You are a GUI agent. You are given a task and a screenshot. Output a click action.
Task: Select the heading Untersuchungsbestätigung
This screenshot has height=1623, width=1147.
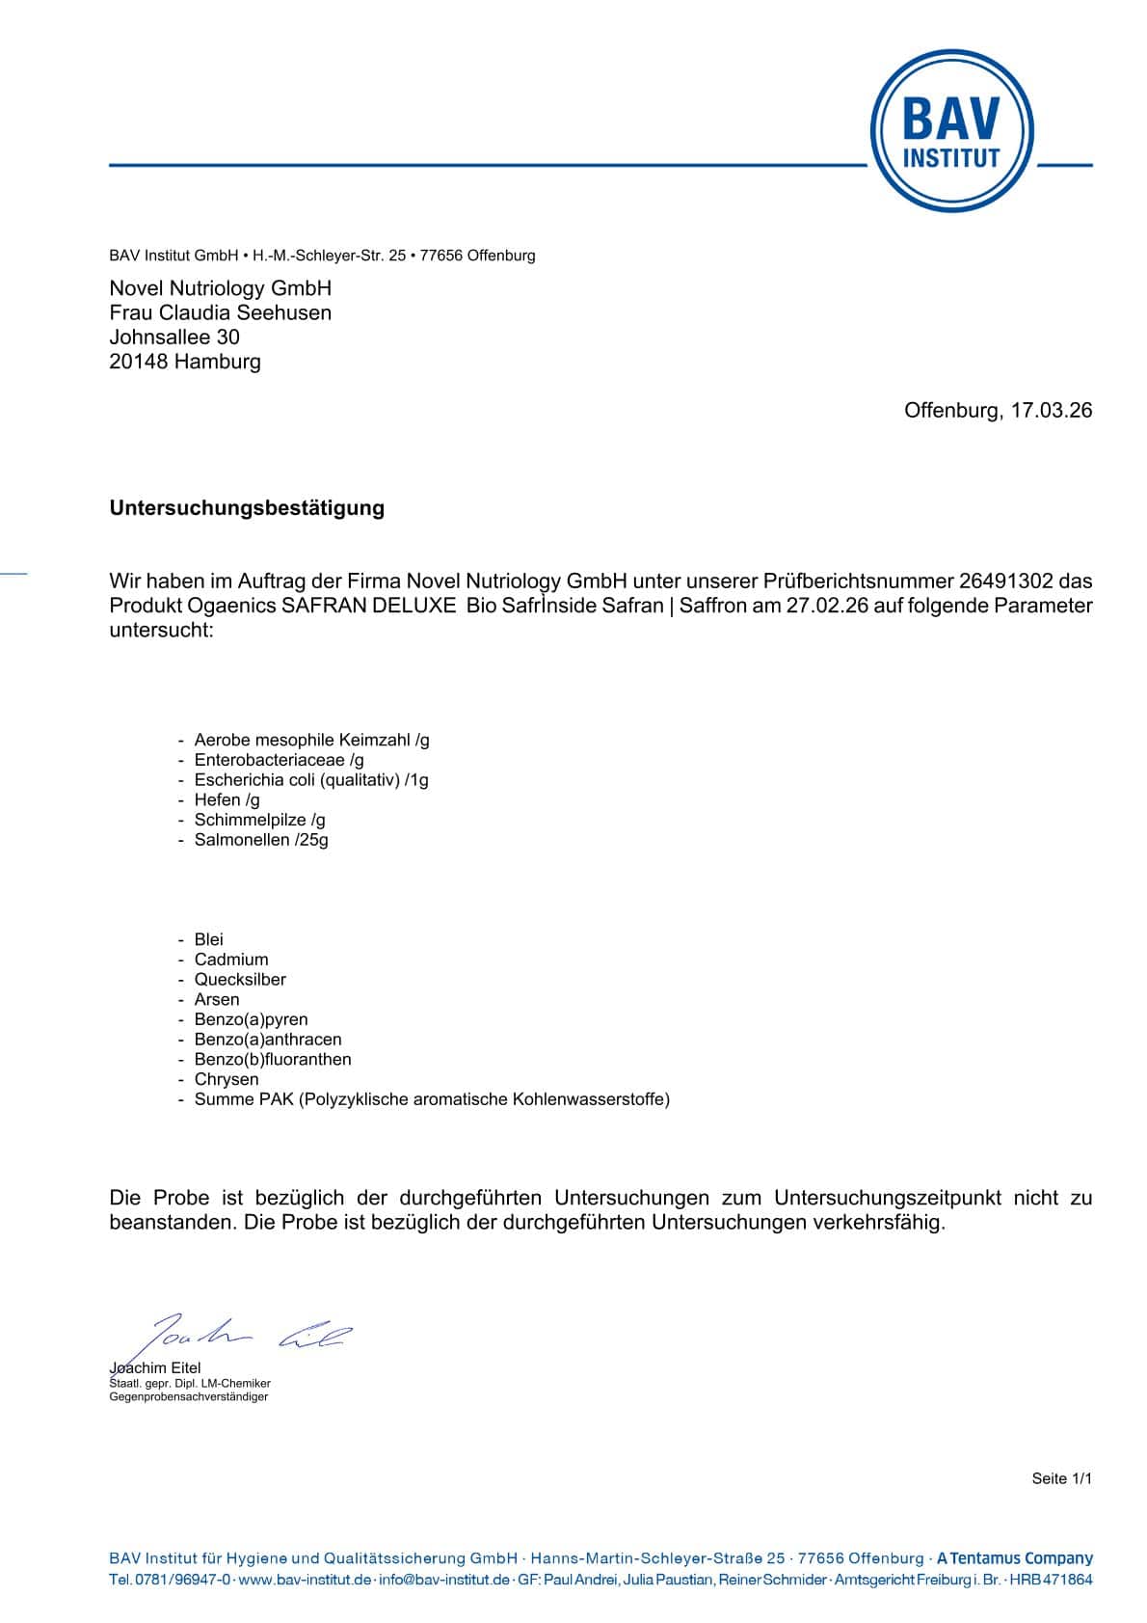coord(247,508)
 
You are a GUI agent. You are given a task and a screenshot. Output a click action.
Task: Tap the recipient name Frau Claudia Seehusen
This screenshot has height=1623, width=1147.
coord(220,312)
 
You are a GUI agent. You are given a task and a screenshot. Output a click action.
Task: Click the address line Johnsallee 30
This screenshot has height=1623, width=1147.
coord(174,337)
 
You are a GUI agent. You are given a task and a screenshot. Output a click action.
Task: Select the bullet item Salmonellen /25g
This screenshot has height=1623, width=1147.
coord(261,840)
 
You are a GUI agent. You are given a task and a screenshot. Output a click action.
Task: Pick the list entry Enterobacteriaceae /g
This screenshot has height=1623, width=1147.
coord(279,760)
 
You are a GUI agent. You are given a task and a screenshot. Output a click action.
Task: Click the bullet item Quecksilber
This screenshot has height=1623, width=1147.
coord(240,979)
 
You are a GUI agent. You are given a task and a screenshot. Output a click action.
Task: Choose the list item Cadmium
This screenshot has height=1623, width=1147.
coord(231,960)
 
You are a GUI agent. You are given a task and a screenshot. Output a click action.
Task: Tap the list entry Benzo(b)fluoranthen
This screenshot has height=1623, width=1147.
coord(273,1059)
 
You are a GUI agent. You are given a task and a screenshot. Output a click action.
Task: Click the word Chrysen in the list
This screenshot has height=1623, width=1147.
coord(227,1079)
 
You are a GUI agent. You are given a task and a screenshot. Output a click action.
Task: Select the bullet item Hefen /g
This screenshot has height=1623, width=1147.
coord(227,799)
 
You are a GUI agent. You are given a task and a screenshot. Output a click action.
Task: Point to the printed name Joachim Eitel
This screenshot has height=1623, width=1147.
coord(155,1367)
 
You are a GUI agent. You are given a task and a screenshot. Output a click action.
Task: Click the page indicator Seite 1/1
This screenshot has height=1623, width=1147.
coord(1061,1478)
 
